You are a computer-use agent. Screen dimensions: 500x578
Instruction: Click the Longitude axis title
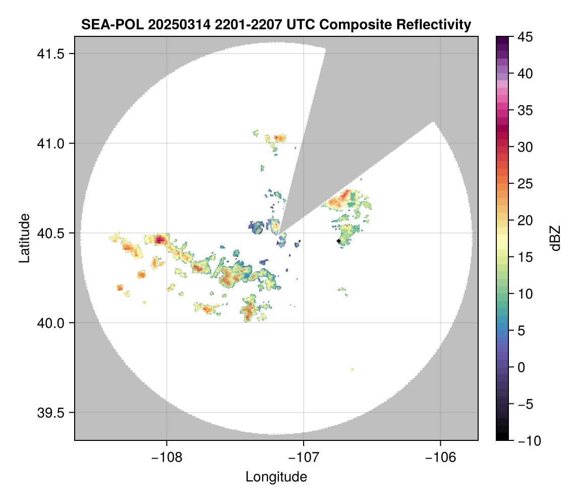click(276, 477)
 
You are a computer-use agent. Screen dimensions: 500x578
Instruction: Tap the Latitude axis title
click(24, 238)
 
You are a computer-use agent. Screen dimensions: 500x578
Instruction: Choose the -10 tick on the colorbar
click(524, 441)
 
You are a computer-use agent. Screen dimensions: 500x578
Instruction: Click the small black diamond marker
click(339, 241)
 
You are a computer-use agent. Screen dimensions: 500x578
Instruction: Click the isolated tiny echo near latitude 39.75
click(352, 370)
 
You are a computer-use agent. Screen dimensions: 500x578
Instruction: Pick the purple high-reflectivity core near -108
click(160, 239)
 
